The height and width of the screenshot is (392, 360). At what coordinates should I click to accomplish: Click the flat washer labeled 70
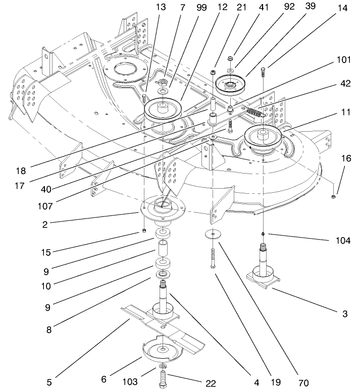point(215,234)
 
